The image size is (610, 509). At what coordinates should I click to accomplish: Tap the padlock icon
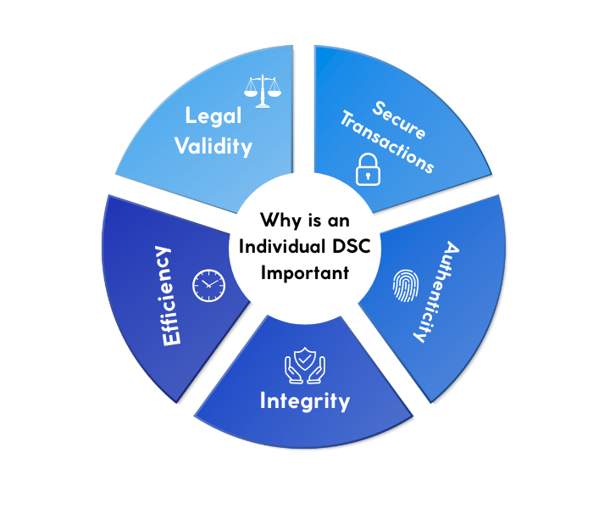coord(365,170)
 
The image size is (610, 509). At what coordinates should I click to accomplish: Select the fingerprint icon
coord(404,287)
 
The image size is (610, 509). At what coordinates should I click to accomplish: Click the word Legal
coord(214,116)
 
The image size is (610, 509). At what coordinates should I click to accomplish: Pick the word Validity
coord(213,146)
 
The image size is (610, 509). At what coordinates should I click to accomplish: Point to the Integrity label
coord(304,401)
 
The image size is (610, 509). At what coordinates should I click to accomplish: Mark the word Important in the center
coord(304,274)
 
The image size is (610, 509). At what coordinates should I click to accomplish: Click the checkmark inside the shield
coord(304,363)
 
